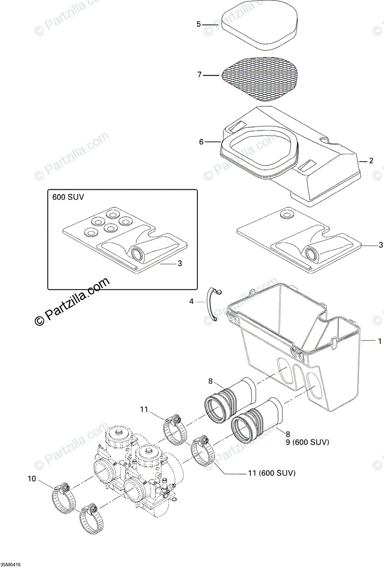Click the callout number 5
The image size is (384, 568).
199,24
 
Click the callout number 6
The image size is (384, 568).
201,142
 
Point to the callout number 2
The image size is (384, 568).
371,161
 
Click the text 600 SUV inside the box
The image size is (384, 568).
69,197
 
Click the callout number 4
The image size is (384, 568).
191,301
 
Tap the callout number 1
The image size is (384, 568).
379,340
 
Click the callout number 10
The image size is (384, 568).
32,479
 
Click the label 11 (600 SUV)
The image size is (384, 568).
272,473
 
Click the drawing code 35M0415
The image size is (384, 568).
11,565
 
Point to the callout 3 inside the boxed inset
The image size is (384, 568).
179,264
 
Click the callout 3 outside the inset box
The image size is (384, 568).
381,245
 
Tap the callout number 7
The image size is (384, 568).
200,74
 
